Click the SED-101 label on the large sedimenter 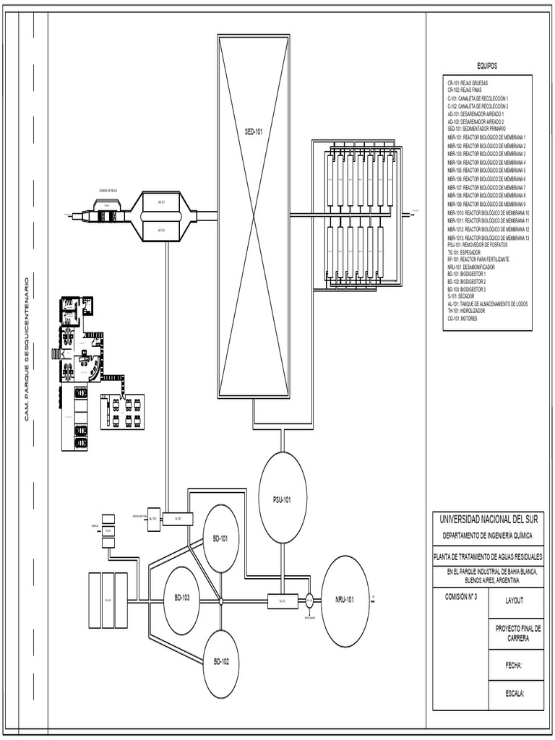point(253,132)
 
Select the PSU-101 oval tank point(283,498)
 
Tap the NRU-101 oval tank point(345,600)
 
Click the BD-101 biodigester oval point(220,538)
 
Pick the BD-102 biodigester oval point(220,662)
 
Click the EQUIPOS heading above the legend point(488,66)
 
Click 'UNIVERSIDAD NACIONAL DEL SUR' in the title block point(489,520)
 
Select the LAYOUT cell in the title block point(515,600)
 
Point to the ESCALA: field point(515,693)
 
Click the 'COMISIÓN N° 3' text point(457,597)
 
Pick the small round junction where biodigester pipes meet point(220,601)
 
